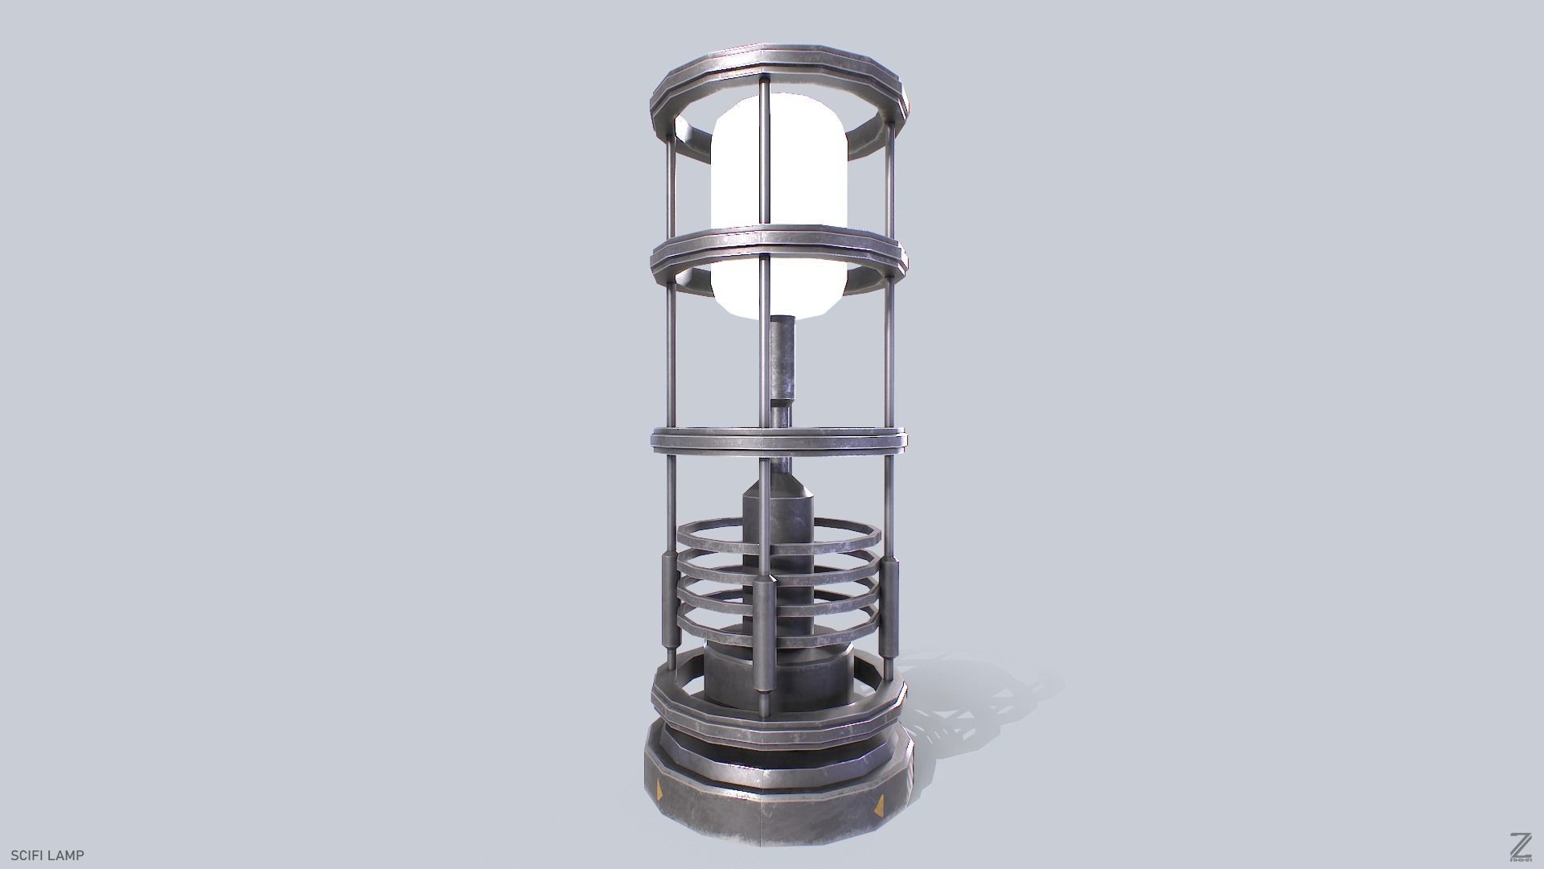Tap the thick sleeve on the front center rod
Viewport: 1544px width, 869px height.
tap(765, 640)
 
